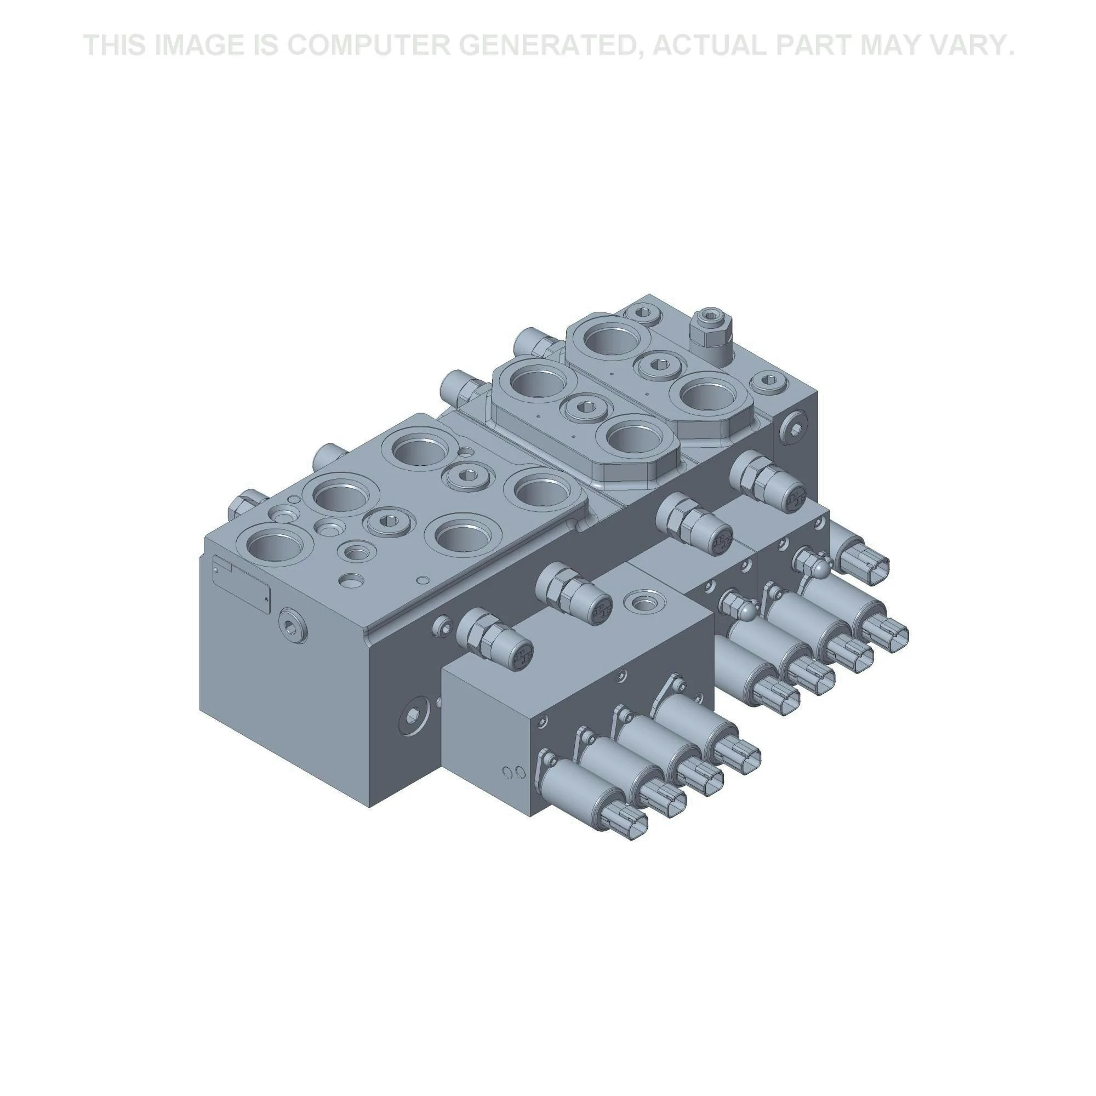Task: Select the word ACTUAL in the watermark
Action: pyautogui.click(x=712, y=45)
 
